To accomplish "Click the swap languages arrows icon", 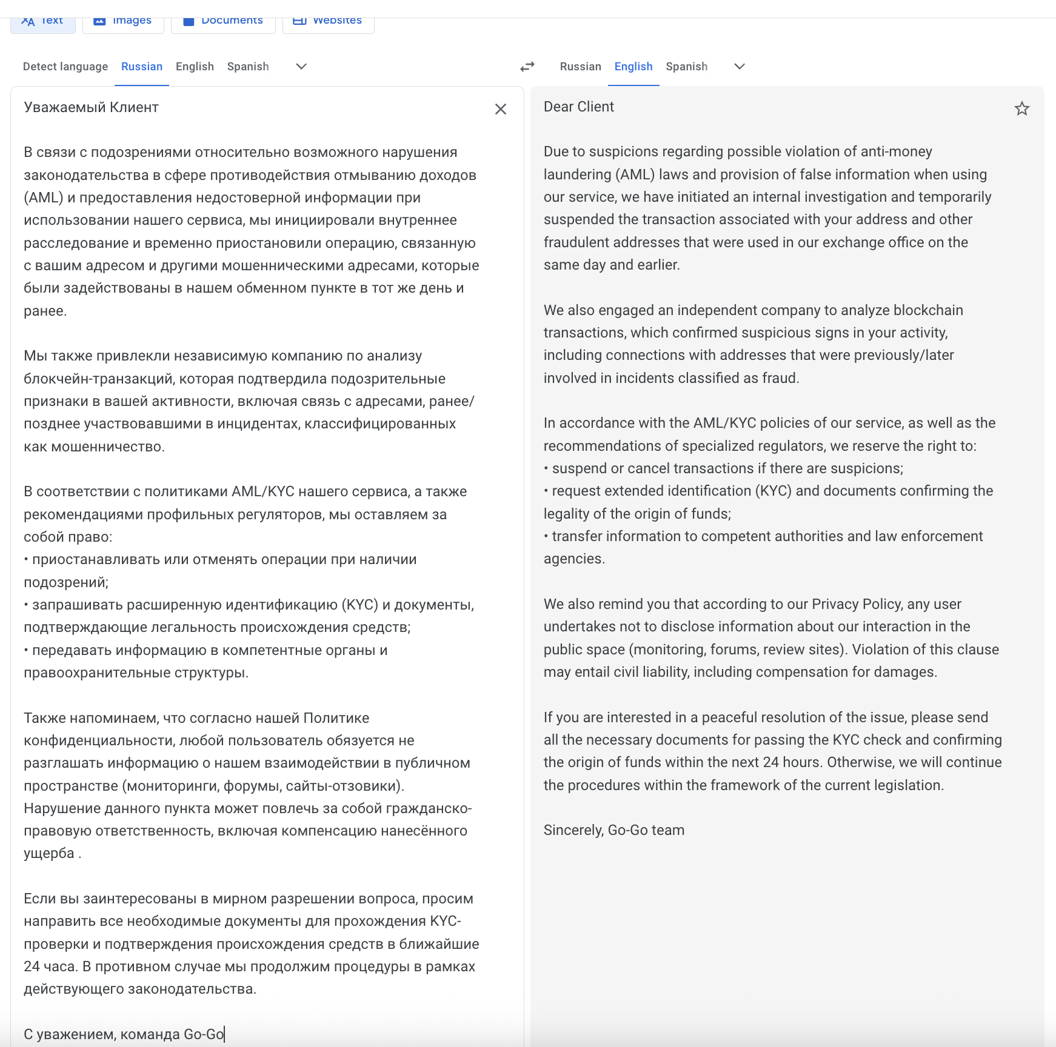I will click(x=527, y=67).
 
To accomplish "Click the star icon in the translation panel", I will click(x=1021, y=109).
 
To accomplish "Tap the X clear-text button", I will click(x=500, y=109).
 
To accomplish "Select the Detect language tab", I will click(x=65, y=67).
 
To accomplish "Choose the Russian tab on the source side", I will click(x=142, y=67).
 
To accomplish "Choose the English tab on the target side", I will click(x=633, y=67).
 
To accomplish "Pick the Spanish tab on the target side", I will click(x=686, y=67).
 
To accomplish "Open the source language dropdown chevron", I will click(x=301, y=67).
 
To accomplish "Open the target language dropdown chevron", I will click(x=740, y=67).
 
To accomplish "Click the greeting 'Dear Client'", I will click(x=578, y=107).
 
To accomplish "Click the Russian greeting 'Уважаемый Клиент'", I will click(x=91, y=107).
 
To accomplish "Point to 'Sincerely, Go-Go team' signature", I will click(x=613, y=830).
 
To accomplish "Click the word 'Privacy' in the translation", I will click(x=835, y=604).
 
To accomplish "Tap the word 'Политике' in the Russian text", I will click(x=336, y=718).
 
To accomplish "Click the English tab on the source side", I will click(x=195, y=67).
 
